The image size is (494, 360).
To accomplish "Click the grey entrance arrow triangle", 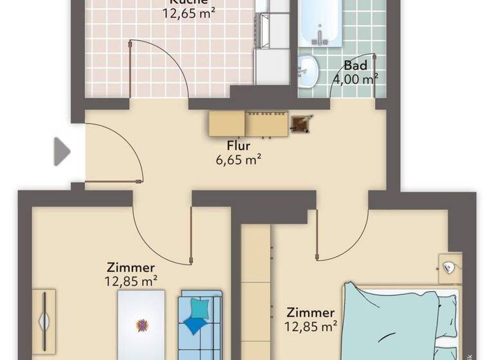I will (x=61, y=152).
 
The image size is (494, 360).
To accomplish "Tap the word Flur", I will (x=238, y=146).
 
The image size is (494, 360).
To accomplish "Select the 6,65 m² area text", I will (x=238, y=160).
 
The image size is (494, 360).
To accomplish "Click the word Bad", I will (x=355, y=66).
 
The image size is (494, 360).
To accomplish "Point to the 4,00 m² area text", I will (x=355, y=79).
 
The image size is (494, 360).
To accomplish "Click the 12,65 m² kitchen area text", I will (x=188, y=11).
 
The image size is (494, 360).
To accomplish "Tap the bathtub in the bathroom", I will (x=322, y=22).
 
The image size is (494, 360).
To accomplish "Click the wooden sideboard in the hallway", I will (x=248, y=123).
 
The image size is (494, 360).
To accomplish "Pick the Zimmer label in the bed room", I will (x=311, y=312).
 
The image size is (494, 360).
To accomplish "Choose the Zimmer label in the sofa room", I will (x=131, y=267).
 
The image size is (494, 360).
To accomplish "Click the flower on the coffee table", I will (x=141, y=325).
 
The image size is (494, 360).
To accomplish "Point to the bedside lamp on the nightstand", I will (x=450, y=267).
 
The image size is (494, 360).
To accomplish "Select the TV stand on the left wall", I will (x=44, y=321).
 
